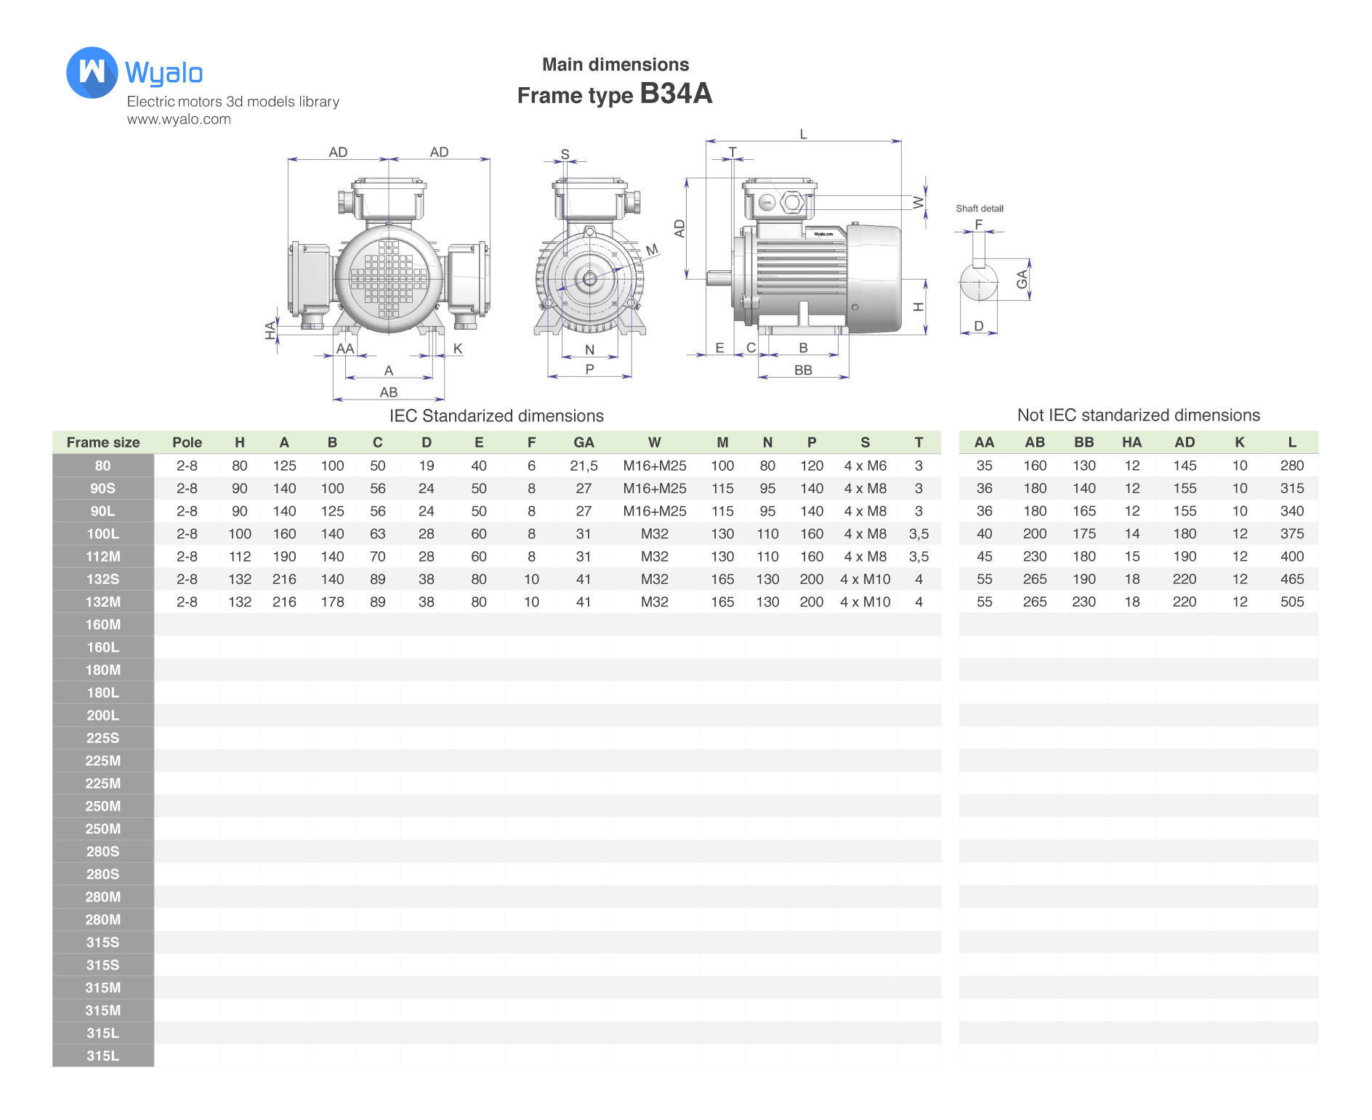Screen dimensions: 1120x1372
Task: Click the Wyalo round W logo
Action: point(92,73)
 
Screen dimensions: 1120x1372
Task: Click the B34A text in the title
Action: point(676,94)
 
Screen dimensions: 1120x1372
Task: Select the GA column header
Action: point(584,442)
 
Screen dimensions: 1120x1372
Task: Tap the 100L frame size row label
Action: point(102,534)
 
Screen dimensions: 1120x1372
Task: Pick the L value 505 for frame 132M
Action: point(1291,602)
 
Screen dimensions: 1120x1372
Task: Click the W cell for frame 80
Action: point(654,466)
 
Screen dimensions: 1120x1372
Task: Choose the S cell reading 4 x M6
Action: point(865,466)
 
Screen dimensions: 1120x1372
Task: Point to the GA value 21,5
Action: point(584,466)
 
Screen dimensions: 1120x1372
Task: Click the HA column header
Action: point(1131,442)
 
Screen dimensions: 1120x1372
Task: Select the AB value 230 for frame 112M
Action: point(1034,556)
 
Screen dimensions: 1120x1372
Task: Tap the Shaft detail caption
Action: point(979,208)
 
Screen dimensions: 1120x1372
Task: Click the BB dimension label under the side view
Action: point(803,370)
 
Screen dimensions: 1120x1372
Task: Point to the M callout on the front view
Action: point(652,250)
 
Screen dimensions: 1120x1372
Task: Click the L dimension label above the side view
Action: point(803,134)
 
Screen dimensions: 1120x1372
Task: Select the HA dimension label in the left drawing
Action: point(271,330)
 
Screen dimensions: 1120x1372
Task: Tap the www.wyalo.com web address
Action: point(179,120)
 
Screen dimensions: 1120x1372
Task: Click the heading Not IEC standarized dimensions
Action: point(1138,415)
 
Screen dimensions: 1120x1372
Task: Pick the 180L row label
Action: point(102,693)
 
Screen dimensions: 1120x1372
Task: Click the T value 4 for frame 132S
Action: point(919,580)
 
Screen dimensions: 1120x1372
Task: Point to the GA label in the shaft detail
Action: point(1022,279)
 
